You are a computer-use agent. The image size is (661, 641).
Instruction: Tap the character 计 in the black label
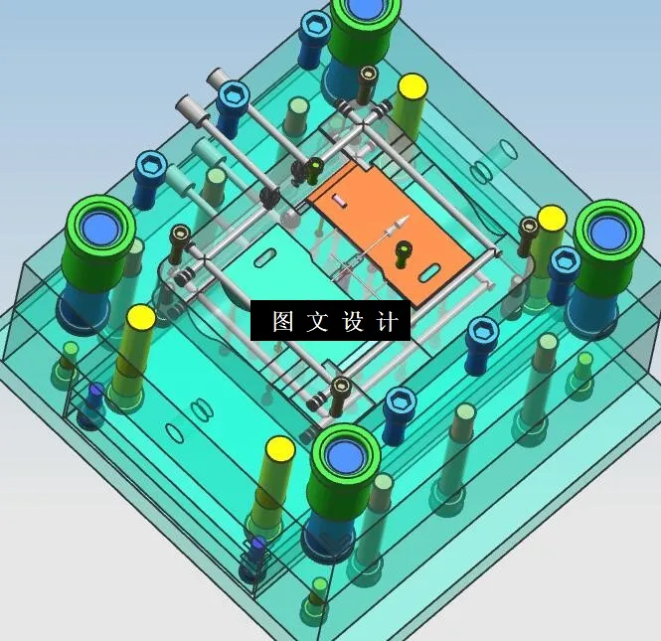coord(390,322)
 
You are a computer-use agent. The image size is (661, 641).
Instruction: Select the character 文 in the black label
coord(319,322)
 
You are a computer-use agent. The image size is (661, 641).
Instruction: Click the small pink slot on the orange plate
coord(340,201)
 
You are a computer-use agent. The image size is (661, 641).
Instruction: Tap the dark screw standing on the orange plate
coord(403,251)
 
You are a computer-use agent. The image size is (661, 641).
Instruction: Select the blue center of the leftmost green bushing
coord(100,227)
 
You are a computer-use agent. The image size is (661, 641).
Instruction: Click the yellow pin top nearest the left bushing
coord(141,318)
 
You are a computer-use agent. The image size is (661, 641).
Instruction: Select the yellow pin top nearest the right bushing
coord(552,218)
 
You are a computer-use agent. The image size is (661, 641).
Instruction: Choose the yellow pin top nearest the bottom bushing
coord(279,449)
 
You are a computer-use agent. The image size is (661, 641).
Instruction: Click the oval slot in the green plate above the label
coord(266,258)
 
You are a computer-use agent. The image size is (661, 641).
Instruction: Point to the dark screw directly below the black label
coord(341,389)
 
